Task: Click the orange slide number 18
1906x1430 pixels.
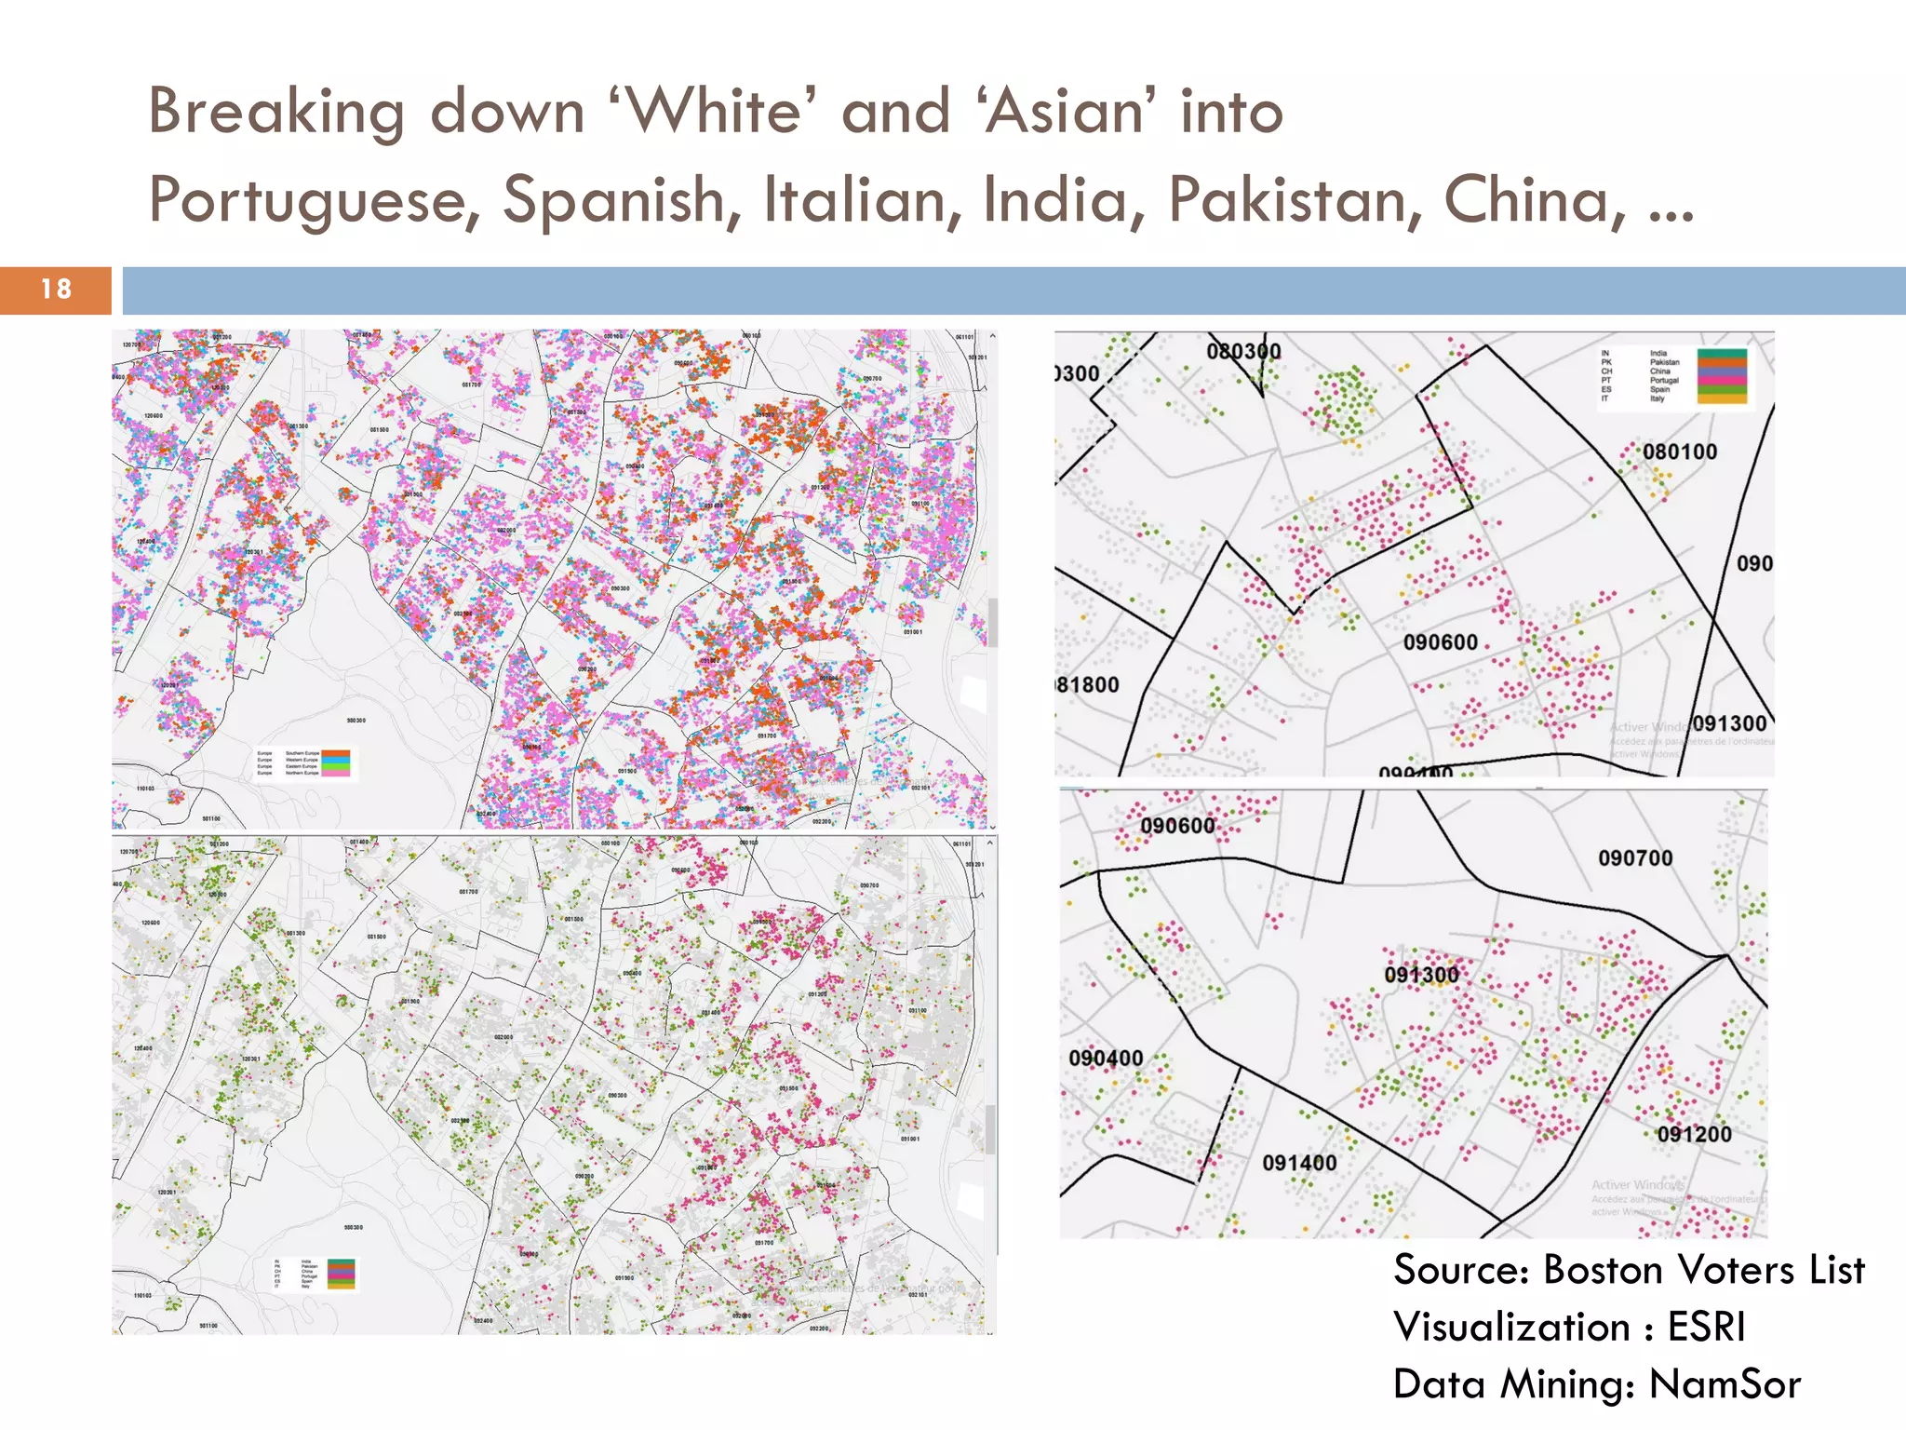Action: tap(56, 290)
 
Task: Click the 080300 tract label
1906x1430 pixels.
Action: tap(1243, 351)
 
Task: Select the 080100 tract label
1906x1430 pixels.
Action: tap(1679, 452)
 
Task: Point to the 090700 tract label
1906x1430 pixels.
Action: tap(1635, 857)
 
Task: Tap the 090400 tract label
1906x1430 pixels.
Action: tap(1106, 1058)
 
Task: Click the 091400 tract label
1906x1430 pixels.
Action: tap(1299, 1163)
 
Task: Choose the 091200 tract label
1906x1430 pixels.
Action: tap(1694, 1134)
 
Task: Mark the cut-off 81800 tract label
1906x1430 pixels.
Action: tap(1088, 685)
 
